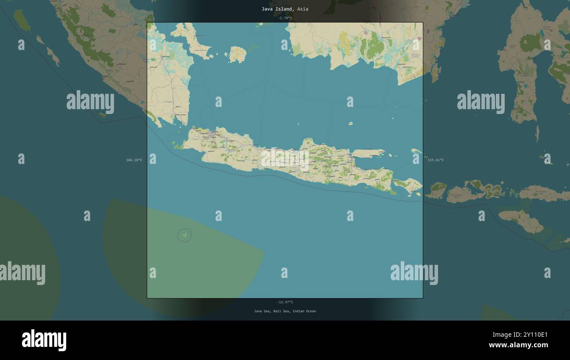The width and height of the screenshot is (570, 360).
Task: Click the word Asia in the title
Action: pyautogui.click(x=303, y=9)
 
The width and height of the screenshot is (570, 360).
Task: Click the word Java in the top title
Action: pyautogui.click(x=267, y=9)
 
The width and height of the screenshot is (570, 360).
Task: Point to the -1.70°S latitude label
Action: pyautogui.click(x=285, y=18)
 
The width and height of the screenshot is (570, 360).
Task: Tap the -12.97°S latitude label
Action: pyautogui.click(x=285, y=302)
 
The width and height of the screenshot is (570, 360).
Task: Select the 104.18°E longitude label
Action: pyautogui.click(x=134, y=160)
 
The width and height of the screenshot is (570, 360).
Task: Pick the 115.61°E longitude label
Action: pyautogui.click(x=435, y=160)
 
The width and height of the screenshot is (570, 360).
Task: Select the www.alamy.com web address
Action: pyautogui.click(x=518, y=345)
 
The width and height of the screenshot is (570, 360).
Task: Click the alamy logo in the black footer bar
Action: pyautogui.click(x=44, y=340)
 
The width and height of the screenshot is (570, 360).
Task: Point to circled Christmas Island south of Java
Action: pyautogui.click(x=185, y=235)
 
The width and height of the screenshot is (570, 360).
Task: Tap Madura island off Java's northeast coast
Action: pyautogui.click(x=368, y=153)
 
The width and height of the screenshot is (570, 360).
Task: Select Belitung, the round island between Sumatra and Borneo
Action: pyautogui.click(x=238, y=54)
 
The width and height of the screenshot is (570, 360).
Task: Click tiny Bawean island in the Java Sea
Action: pyautogui.click(x=350, y=124)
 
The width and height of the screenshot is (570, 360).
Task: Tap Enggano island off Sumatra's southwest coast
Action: pyautogui.click(x=102, y=115)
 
